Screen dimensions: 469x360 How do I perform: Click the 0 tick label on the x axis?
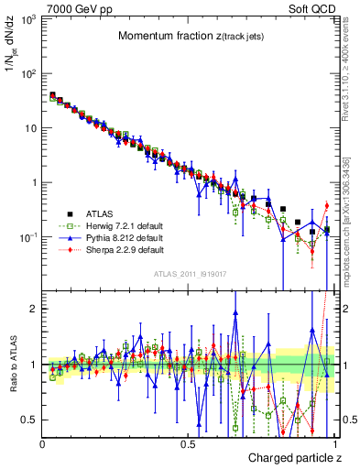pyautogui.click(x=43, y=443)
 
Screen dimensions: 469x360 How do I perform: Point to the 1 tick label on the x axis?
pyautogui.click(x=335, y=443)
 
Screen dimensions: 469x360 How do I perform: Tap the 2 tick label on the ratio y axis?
pyautogui.click(x=34, y=309)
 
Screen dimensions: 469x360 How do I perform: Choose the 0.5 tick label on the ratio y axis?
pyautogui.click(x=30, y=420)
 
